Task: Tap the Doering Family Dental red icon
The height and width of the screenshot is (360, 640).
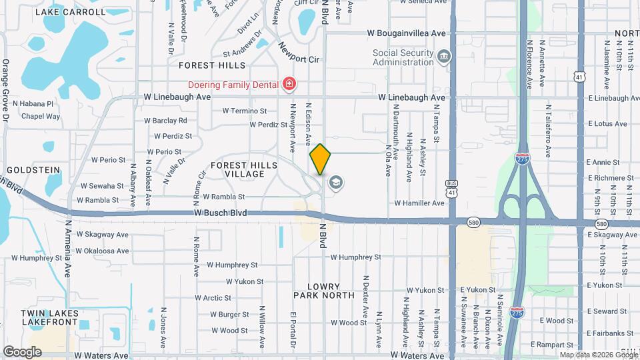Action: (289, 84)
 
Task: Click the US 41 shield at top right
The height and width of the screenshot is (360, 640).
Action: (579, 78)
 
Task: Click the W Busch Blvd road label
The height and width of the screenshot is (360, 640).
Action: (221, 213)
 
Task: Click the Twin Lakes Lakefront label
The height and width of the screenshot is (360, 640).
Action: (50, 317)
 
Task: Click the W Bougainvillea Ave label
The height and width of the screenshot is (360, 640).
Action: (406, 33)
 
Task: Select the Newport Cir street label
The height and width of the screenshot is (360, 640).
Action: (299, 54)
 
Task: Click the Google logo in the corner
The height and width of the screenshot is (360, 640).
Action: (22, 351)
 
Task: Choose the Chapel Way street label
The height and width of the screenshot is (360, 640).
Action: (41, 116)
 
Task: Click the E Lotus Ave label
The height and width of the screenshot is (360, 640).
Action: (607, 123)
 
